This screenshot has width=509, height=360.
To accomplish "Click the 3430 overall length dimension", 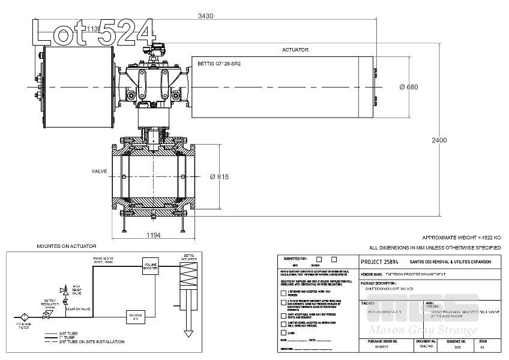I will point(206,16).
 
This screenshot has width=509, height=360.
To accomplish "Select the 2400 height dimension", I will point(439,140).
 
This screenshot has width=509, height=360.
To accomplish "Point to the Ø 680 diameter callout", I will point(409,87).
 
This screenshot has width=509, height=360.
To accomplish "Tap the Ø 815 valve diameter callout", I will point(219,177).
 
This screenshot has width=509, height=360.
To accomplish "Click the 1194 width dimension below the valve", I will point(153,235).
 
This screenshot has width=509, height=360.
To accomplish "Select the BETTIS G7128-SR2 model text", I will point(219,64).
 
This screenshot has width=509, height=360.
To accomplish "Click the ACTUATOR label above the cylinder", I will point(295,50).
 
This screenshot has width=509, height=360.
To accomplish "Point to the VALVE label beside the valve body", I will point(99,171).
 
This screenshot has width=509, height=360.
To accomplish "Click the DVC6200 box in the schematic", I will point(136,316).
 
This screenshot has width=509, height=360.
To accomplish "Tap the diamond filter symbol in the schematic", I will point(25,315).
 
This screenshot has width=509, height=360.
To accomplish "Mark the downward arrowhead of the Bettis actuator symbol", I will point(188,332).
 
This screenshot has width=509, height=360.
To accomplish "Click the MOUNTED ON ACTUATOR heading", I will point(67,247).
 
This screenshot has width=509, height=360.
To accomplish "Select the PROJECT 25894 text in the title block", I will point(380,262).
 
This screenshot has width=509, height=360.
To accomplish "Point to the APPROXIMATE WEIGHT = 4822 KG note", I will point(461,238).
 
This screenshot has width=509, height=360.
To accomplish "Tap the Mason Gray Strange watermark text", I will point(423,331).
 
